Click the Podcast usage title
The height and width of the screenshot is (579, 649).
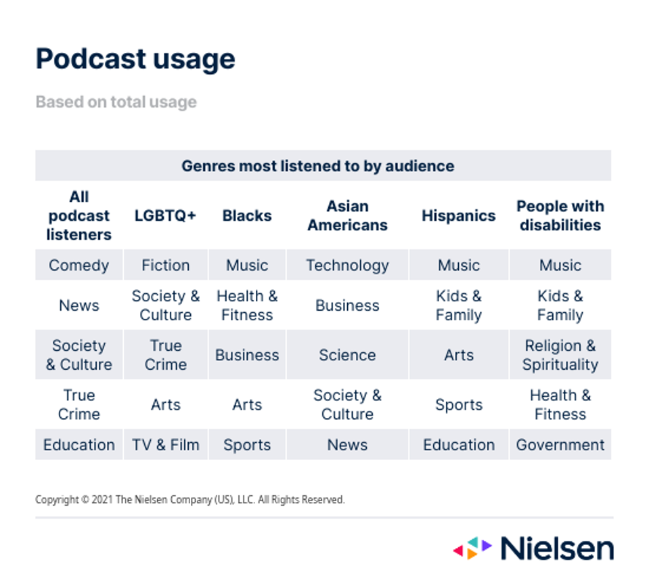(x=135, y=59)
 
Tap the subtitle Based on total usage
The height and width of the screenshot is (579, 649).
(x=116, y=102)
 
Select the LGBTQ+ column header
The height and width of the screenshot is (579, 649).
(x=165, y=216)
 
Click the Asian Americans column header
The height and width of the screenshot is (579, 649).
(x=347, y=216)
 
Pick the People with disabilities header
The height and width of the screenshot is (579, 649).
(x=560, y=216)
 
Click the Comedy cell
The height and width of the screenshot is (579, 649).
(x=79, y=265)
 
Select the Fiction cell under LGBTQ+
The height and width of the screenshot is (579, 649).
(x=165, y=265)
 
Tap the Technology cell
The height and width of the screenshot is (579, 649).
(x=347, y=265)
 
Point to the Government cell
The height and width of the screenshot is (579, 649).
(x=560, y=445)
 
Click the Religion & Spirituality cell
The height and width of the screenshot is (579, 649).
(x=560, y=355)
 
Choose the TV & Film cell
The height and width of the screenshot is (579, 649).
(x=165, y=445)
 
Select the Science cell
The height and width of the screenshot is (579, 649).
(x=347, y=355)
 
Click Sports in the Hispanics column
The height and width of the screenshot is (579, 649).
(x=458, y=405)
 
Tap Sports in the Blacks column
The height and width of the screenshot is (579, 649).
(x=247, y=445)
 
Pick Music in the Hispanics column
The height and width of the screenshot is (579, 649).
(x=458, y=265)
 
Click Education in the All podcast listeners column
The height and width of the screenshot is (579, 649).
(x=79, y=445)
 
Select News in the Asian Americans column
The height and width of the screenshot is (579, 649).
(x=347, y=445)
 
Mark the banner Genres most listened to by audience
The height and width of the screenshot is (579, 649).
(x=317, y=166)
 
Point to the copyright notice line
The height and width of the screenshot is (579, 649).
(x=189, y=500)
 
